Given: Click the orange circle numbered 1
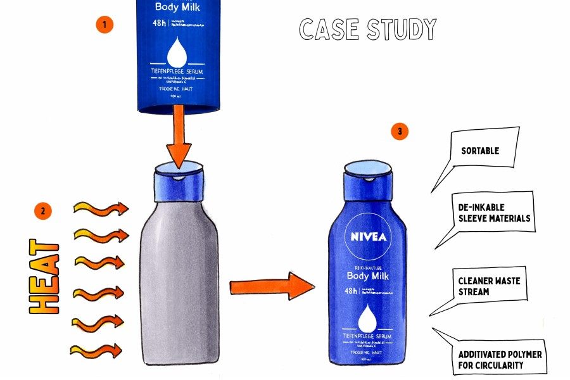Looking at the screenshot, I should (x=104, y=25).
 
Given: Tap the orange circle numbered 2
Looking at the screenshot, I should (x=42, y=211).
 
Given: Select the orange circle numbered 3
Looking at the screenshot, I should (x=399, y=132).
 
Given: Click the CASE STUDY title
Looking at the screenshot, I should (x=368, y=30).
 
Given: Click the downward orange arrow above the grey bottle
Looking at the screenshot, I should (x=179, y=137).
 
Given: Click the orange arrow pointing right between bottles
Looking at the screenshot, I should (x=272, y=286).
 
